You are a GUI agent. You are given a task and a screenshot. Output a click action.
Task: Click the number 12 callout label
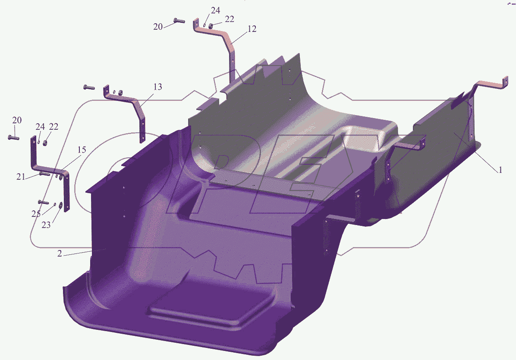pyautogui.click(x=252, y=29)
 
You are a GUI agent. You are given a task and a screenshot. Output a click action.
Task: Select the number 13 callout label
pyautogui.click(x=157, y=87)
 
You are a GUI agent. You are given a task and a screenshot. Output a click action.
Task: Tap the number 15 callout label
pyautogui.click(x=82, y=150)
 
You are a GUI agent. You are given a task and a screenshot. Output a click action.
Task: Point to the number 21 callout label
pyautogui.click(x=21, y=177)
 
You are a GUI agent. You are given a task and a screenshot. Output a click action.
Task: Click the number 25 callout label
pyautogui.click(x=36, y=214)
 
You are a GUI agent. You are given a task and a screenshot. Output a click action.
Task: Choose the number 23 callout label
pyautogui.click(x=46, y=225)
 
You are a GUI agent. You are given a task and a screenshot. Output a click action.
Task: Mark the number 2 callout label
pyautogui.click(x=60, y=254)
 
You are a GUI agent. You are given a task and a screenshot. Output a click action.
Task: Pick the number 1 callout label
pyautogui.click(x=500, y=170)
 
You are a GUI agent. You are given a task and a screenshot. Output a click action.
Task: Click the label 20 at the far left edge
pyautogui.click(x=17, y=120)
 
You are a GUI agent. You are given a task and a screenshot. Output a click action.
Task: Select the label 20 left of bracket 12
pyautogui.click(x=158, y=27)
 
